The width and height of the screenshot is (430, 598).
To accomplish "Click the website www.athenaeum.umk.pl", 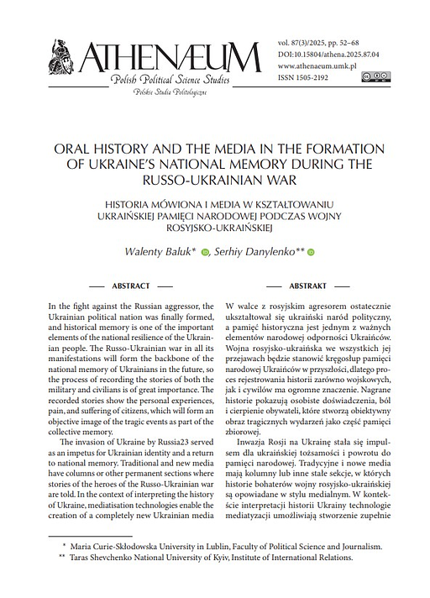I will point(316,65).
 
